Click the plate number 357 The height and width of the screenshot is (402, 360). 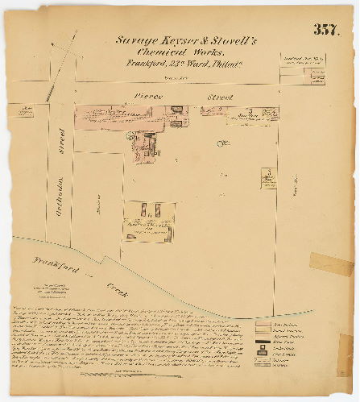click(x=327, y=31)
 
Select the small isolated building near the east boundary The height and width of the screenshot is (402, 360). click(x=268, y=178)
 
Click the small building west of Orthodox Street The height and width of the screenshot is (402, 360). click(x=26, y=109)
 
